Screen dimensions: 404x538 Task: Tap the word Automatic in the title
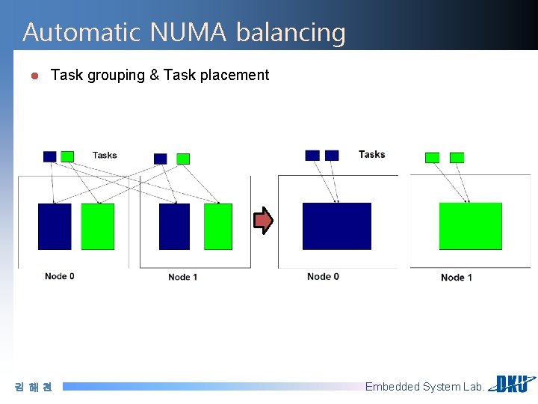click(x=81, y=32)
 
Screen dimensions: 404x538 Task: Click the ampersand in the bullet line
click(x=155, y=75)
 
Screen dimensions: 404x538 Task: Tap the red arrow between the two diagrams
click(x=263, y=220)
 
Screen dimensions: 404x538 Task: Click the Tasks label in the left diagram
click(x=105, y=155)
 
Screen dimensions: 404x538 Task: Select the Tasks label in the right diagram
click(x=371, y=154)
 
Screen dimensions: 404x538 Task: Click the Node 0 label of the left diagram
click(x=60, y=276)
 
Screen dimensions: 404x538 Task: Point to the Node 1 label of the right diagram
click(x=457, y=278)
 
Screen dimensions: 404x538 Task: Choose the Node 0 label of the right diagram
click(x=323, y=276)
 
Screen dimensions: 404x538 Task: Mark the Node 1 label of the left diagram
click(x=183, y=277)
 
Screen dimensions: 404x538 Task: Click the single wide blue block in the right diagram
click(x=336, y=226)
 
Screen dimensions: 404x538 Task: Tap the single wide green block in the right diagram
click(x=470, y=226)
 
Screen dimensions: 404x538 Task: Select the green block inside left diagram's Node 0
click(x=97, y=226)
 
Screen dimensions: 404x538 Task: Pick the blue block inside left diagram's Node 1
click(x=174, y=226)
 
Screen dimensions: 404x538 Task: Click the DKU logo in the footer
click(x=512, y=384)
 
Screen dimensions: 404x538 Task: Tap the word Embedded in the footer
click(x=392, y=387)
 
